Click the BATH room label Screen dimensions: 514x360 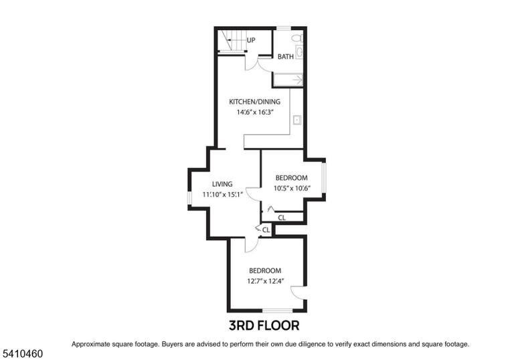pyautogui.click(x=286, y=57)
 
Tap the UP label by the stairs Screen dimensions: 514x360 pyautogui.click(x=251, y=40)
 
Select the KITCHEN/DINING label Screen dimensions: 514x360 pyautogui.click(x=255, y=102)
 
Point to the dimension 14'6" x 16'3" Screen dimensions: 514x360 pyautogui.click(x=255, y=112)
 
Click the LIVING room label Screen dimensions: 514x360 pyautogui.click(x=222, y=184)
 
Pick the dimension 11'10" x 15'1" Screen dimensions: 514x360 pyautogui.click(x=223, y=195)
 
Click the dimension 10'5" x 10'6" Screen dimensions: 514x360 pyautogui.click(x=292, y=189)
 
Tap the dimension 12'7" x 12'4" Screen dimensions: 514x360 pyautogui.click(x=266, y=281)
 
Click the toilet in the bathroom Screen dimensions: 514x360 pyautogui.click(x=297, y=38)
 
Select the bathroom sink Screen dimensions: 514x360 pyautogui.click(x=299, y=52)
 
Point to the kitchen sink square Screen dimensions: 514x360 pyautogui.click(x=297, y=120)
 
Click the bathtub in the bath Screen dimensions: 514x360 pyautogui.click(x=288, y=80)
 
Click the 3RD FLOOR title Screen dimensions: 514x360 pyautogui.click(x=264, y=326)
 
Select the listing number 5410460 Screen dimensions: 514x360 pyautogui.click(x=23, y=354)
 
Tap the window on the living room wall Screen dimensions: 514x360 pyautogui.click(x=189, y=198)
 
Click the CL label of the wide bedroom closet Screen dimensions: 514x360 pyautogui.click(x=282, y=217)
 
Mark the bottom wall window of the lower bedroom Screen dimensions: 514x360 pyautogui.click(x=277, y=310)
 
